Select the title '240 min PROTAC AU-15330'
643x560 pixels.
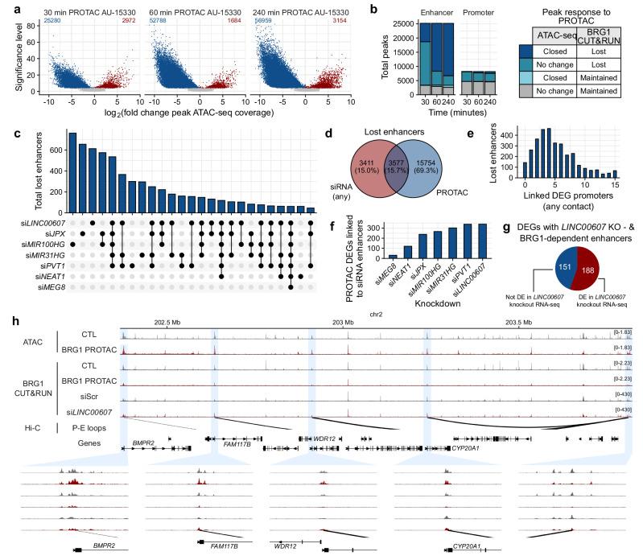coord(297,7)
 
